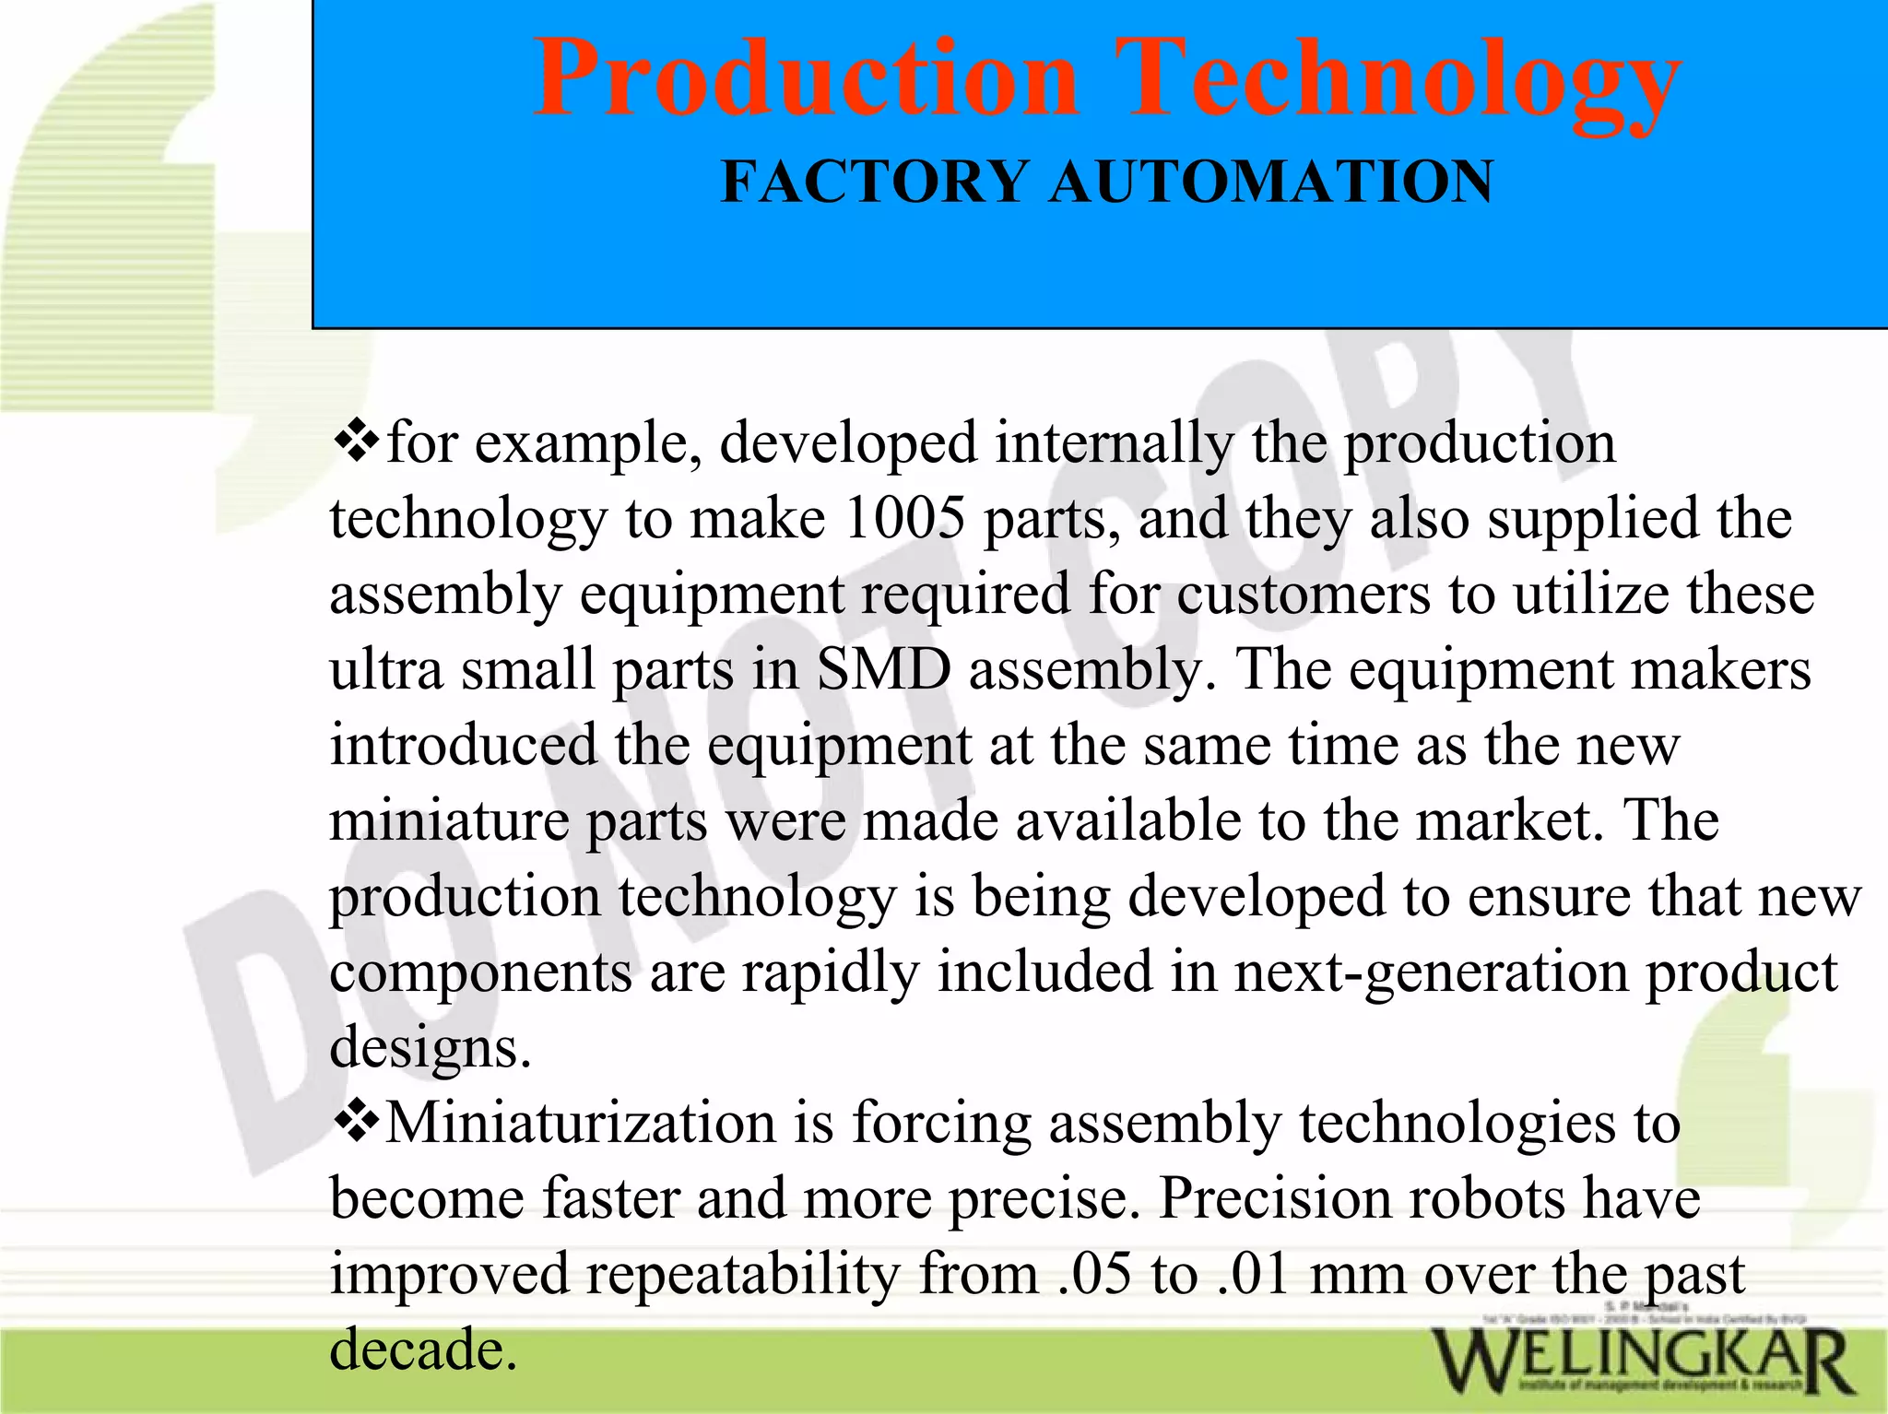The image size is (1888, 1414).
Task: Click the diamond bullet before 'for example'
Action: [x=355, y=440]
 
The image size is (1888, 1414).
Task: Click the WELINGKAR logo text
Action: [x=1642, y=1362]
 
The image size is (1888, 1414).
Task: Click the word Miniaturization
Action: [x=581, y=1123]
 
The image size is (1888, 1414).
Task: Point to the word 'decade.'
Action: [x=423, y=1349]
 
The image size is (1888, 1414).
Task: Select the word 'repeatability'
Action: [x=742, y=1275]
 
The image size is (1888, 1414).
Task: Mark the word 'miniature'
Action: [x=449, y=820]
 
